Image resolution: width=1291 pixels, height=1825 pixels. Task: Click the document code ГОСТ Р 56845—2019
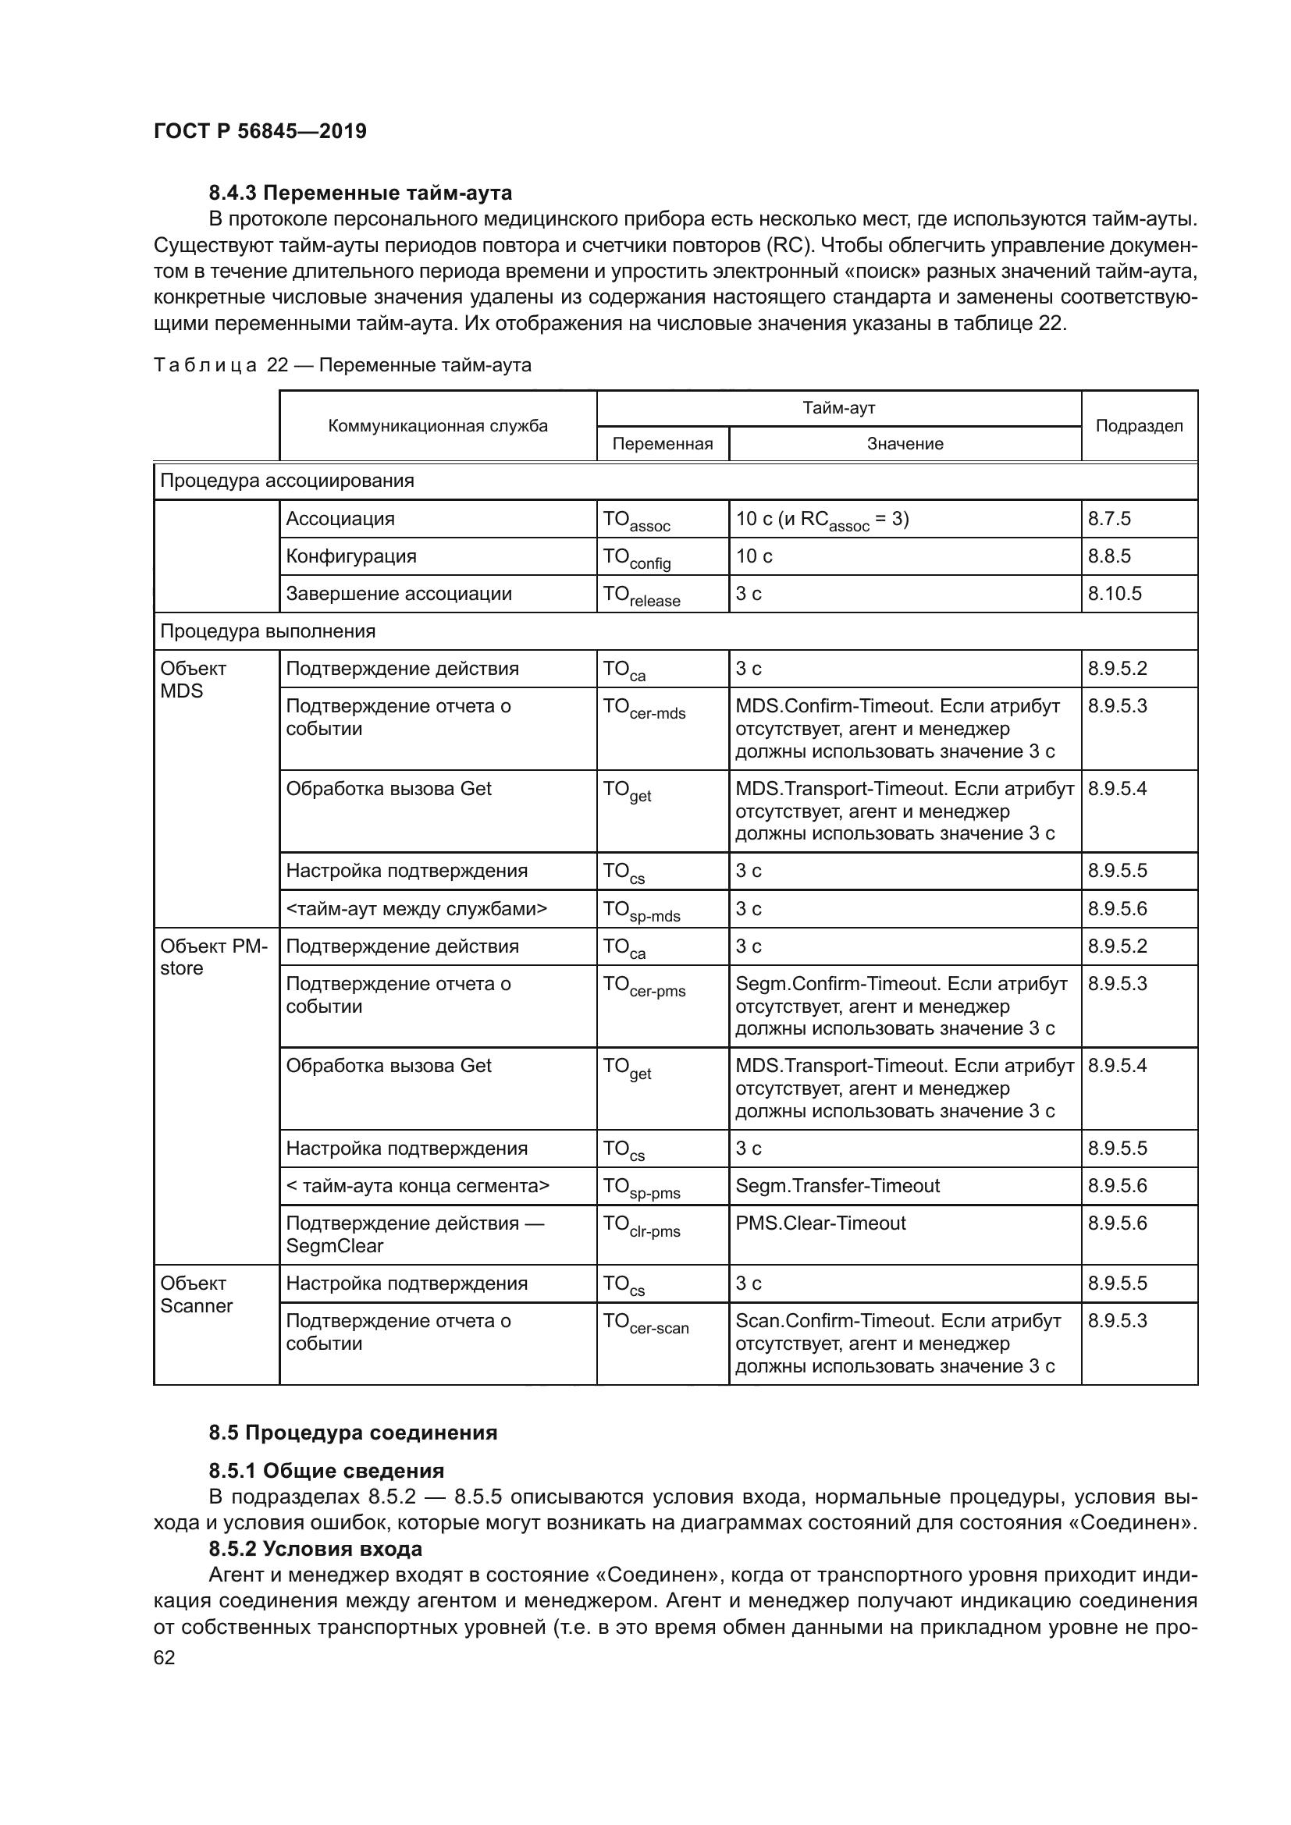point(260,131)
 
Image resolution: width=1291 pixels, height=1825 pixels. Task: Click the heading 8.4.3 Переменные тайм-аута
point(360,194)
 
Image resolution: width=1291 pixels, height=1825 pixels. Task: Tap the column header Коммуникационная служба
point(437,426)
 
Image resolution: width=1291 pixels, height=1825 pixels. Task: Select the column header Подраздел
point(1138,426)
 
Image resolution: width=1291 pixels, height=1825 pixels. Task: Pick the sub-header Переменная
point(662,444)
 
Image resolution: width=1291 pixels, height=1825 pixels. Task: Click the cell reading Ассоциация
point(340,519)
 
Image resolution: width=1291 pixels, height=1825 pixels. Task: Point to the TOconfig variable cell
point(636,558)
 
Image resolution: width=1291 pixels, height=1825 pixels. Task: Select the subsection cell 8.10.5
point(1115,594)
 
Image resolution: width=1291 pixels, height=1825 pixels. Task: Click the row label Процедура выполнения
point(268,631)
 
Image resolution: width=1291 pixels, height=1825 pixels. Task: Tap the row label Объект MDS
point(192,680)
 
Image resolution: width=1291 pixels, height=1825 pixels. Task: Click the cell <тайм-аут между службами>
point(417,908)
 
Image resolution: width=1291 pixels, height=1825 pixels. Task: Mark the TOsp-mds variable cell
point(641,911)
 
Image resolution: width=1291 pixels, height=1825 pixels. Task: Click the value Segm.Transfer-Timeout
point(837,1186)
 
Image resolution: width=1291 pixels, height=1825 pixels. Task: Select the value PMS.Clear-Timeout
point(820,1223)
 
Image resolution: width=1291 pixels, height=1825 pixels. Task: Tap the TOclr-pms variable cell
point(641,1226)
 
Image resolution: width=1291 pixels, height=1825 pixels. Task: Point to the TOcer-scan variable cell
point(645,1323)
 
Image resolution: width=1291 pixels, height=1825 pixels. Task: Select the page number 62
point(165,1657)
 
